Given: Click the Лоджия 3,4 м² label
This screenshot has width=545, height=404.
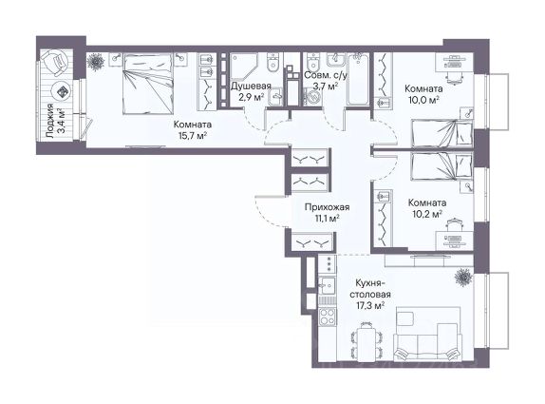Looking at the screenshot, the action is pos(55,121).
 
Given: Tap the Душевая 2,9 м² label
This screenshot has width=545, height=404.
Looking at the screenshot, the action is pos(251,91).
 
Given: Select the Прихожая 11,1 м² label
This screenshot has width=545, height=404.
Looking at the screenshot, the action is pos(327,213).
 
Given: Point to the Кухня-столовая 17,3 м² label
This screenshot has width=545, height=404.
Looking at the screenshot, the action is pos(370,294).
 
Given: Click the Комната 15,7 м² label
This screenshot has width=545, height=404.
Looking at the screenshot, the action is pos(193,129).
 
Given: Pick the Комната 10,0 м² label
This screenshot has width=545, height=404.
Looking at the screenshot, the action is pos(423,94).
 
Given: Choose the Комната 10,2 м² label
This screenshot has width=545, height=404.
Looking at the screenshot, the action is pos(427,208).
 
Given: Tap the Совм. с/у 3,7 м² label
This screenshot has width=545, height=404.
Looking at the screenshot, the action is pos(326,81).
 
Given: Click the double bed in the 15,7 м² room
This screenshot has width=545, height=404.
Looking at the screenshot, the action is pos(148,83).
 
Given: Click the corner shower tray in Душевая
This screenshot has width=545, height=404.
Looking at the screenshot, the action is pos(244,66).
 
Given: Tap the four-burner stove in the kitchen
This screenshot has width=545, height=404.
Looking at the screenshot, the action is pos(327,317).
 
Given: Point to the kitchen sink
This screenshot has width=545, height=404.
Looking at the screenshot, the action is pos(327,286).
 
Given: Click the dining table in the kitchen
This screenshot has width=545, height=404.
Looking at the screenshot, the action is pos(366,342).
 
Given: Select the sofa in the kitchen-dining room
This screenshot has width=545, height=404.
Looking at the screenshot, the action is pos(427,343).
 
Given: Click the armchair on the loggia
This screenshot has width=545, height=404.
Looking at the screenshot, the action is pos(56,64).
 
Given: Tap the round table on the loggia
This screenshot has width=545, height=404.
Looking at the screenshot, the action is pos(61,92).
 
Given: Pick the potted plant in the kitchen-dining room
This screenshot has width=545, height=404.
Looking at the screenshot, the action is pos(463,277).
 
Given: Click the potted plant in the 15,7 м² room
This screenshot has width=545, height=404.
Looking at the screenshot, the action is pos(96,63).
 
